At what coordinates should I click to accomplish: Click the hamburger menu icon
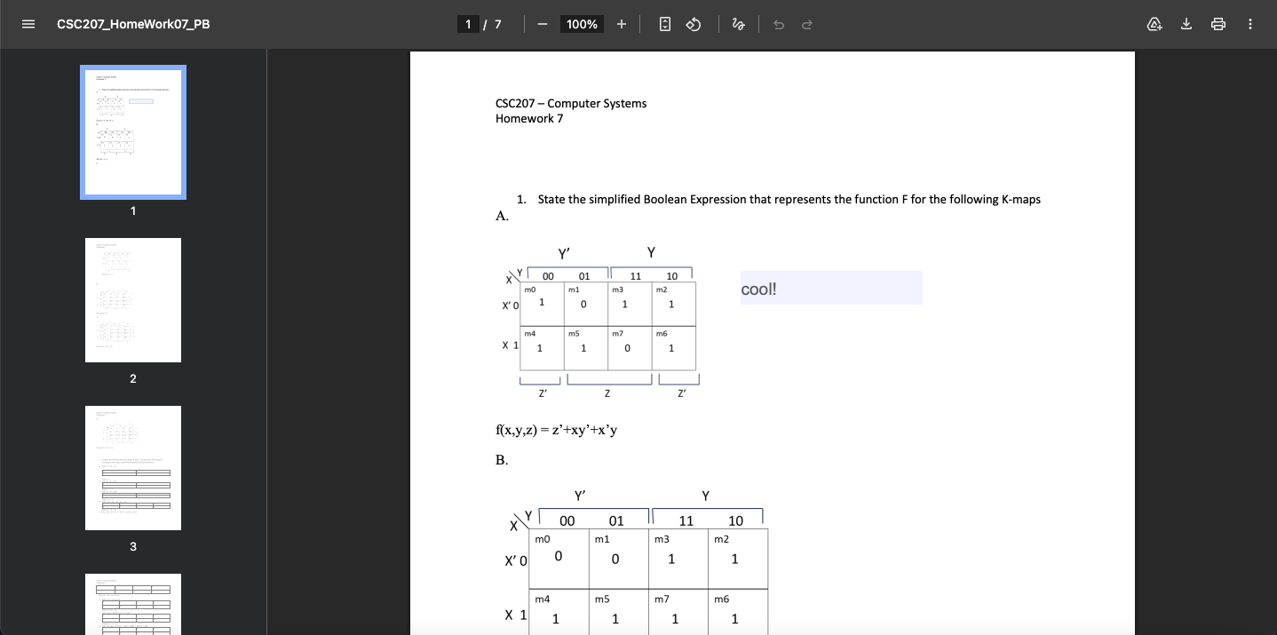[x=28, y=24]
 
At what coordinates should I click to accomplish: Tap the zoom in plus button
[x=622, y=24]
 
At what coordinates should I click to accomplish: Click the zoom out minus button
[x=542, y=24]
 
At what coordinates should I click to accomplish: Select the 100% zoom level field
[x=582, y=24]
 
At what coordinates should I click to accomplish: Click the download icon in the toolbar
[x=1186, y=24]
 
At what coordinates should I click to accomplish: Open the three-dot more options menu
[x=1250, y=24]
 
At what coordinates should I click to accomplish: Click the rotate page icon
[x=694, y=24]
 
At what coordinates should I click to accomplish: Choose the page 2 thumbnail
[x=133, y=300]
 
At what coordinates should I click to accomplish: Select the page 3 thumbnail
[x=133, y=468]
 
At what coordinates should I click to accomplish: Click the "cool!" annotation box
[x=831, y=289]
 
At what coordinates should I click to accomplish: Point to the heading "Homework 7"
[x=529, y=119]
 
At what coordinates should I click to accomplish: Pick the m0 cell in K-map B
[x=559, y=558]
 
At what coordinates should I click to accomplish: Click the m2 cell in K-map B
[x=737, y=558]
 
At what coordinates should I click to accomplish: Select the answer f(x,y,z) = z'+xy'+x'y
[x=557, y=431]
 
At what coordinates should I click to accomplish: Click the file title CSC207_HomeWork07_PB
[x=133, y=24]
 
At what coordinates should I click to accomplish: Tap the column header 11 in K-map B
[x=686, y=520]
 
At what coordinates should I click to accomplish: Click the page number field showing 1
[x=468, y=24]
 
